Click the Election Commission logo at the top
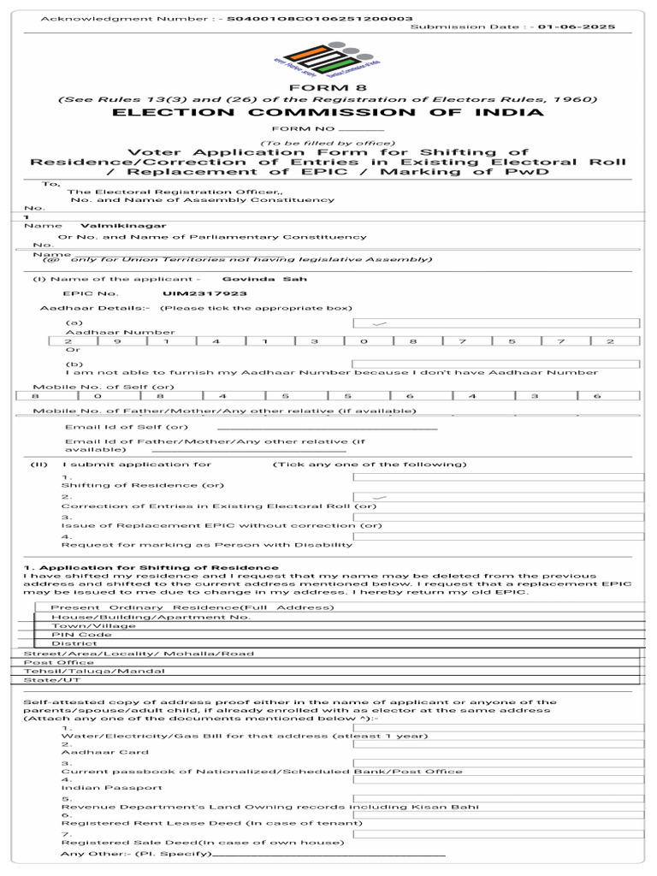pyautogui.click(x=328, y=58)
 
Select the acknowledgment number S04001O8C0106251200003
pyautogui.click(x=320, y=18)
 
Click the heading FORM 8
pyautogui.click(x=328, y=88)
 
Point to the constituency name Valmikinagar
pyautogui.click(x=111, y=225)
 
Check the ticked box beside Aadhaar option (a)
pyautogui.click(x=496, y=323)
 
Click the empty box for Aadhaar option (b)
pyautogui.click(x=496, y=364)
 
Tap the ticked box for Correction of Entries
pyautogui.click(x=496, y=496)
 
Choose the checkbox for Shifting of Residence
pyautogui.click(x=496, y=476)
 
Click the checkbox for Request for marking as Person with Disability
pyautogui.click(x=496, y=536)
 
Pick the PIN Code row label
pyautogui.click(x=81, y=635)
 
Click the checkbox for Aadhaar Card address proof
pyautogui.click(x=496, y=744)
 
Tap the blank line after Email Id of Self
pyautogui.click(x=328, y=428)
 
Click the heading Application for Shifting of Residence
pyautogui.click(x=151, y=567)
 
